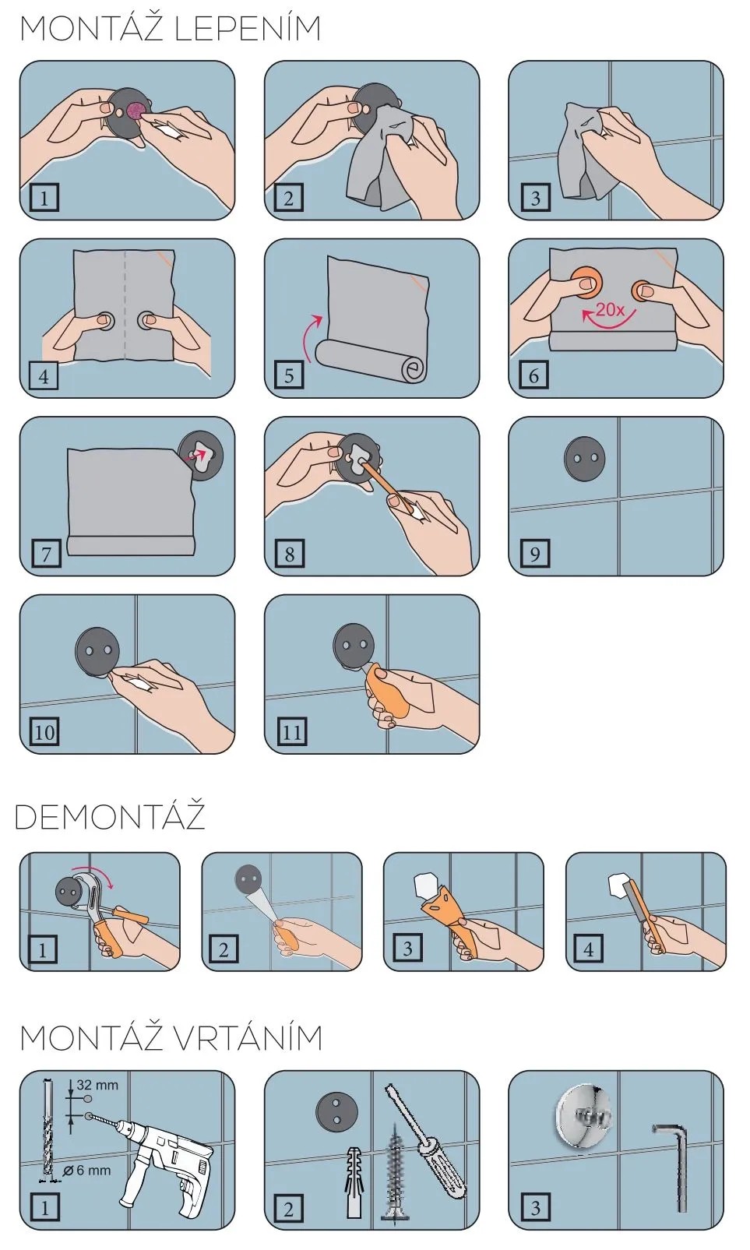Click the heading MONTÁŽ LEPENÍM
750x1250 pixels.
click(171, 29)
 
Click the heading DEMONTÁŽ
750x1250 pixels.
click(110, 816)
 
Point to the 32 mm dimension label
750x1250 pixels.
click(97, 1085)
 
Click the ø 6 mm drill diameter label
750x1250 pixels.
click(86, 1171)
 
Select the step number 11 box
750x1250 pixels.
click(292, 731)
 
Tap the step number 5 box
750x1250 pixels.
click(289, 375)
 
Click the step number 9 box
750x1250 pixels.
click(534, 554)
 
